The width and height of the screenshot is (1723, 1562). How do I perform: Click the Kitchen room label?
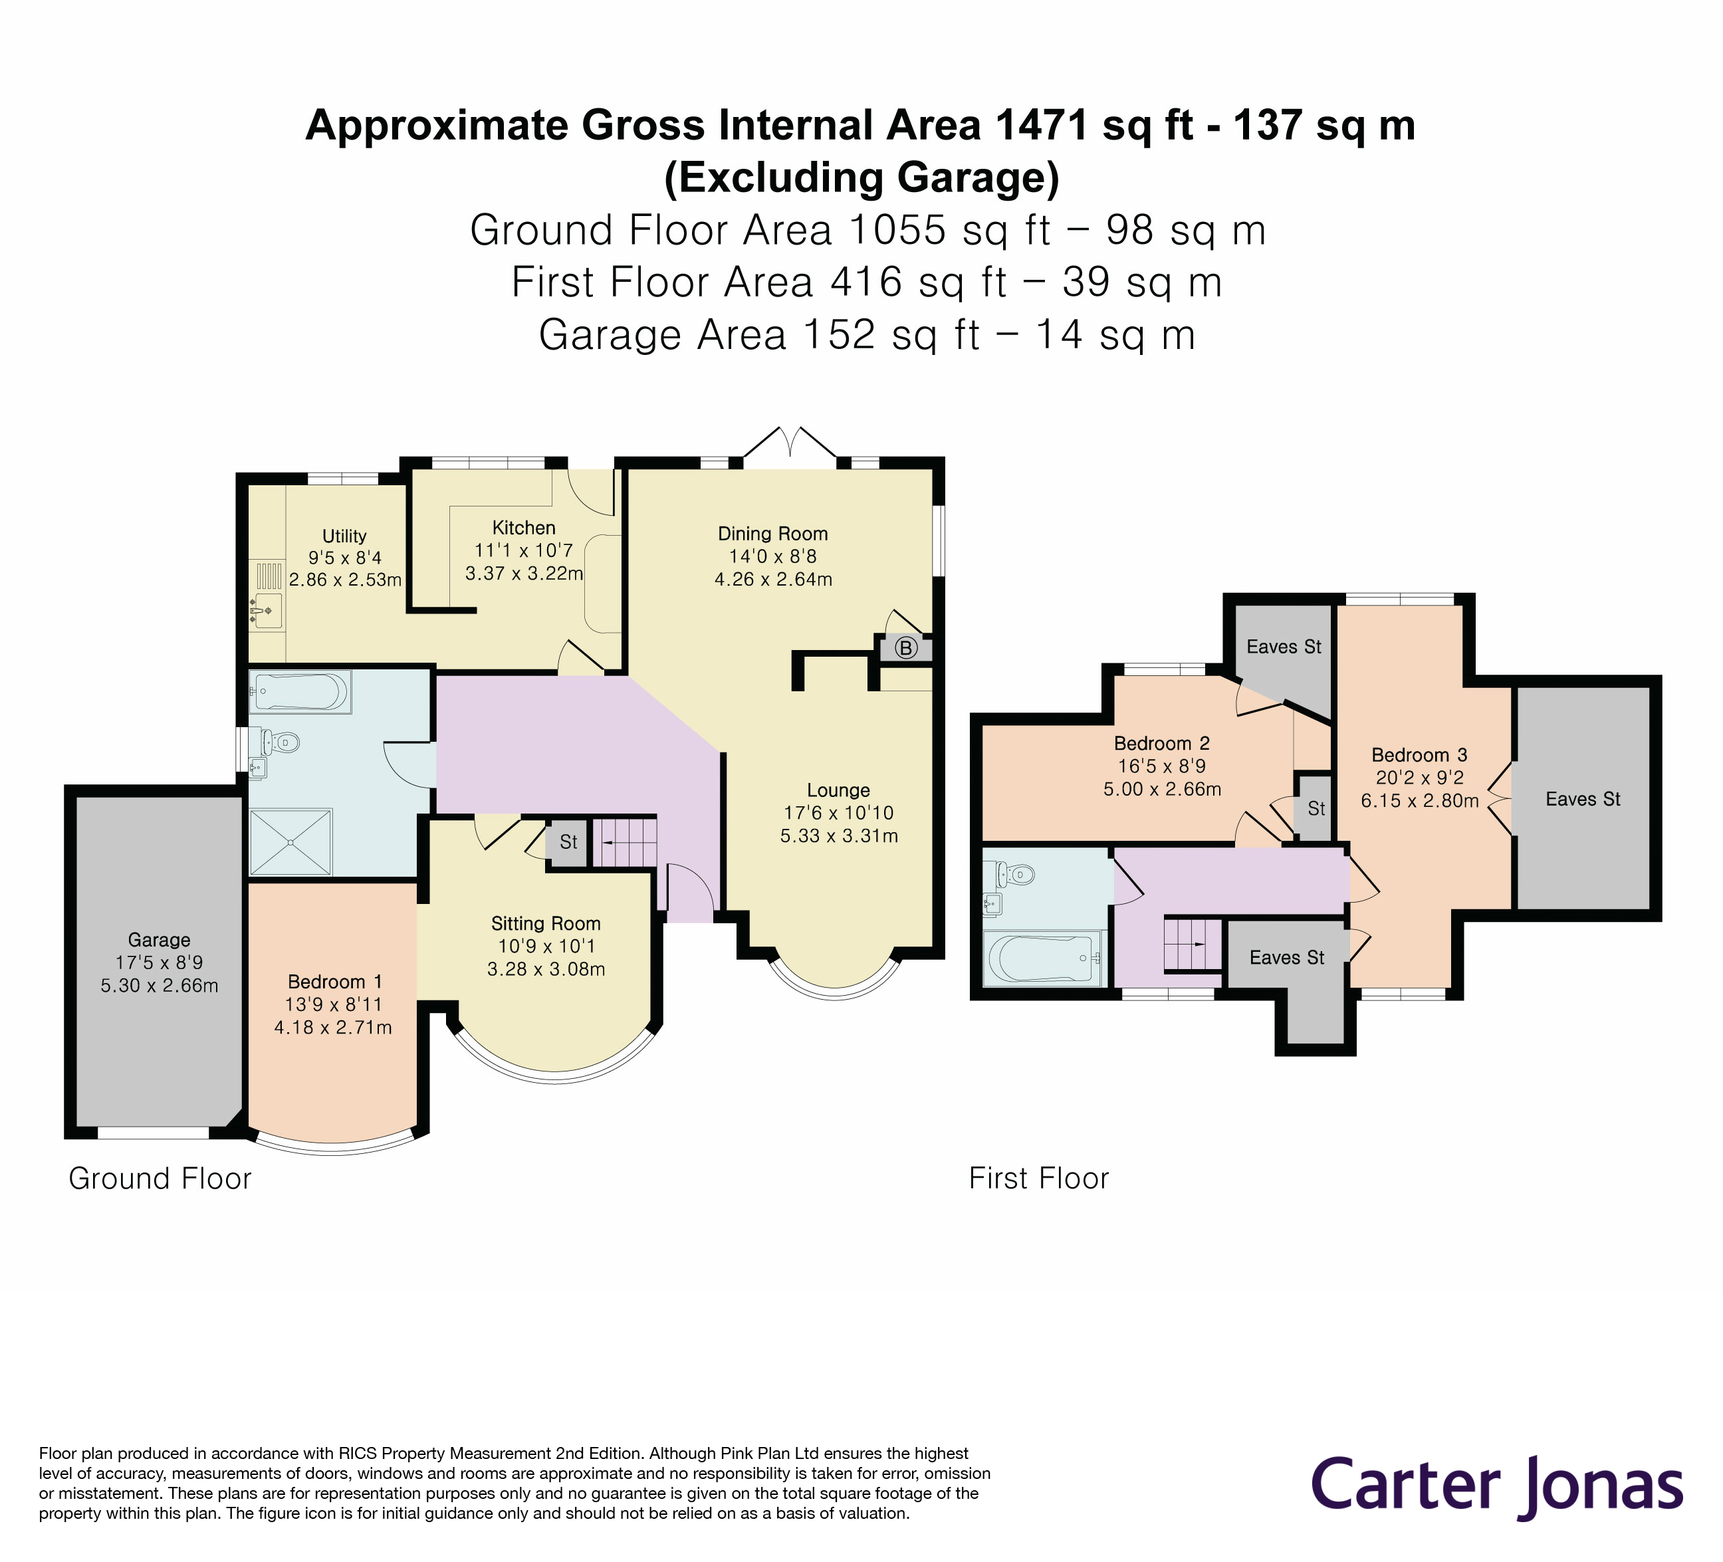523,528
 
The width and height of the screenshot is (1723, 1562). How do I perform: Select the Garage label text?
159,940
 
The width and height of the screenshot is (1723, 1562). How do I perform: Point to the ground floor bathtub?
299,691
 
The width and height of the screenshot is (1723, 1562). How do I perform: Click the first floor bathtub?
1042,958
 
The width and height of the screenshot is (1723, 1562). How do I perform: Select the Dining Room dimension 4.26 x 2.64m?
772,580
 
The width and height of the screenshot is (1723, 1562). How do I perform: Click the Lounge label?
838,790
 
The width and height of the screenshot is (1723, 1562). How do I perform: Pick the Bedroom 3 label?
1419,754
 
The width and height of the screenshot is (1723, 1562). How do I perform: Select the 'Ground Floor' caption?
160,1178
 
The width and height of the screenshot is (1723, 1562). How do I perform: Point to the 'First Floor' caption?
1038,1178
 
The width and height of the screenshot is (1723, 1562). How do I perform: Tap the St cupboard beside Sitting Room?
568,843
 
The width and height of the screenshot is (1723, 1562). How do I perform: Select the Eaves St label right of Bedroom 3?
1583,799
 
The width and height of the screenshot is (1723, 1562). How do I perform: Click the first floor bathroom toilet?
1015,874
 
